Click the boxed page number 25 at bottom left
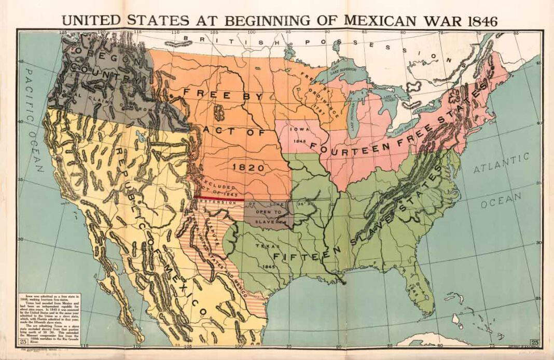23,341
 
